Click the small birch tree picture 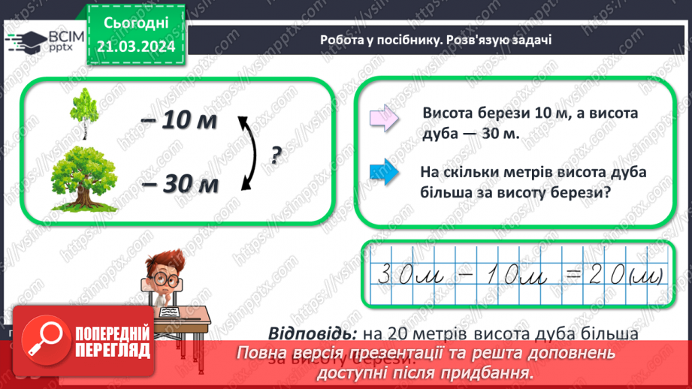coord(83,113)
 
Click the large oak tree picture coord(85,178)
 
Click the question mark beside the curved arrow coord(276,155)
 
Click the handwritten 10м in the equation coord(512,275)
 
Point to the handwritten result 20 coord(606,275)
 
